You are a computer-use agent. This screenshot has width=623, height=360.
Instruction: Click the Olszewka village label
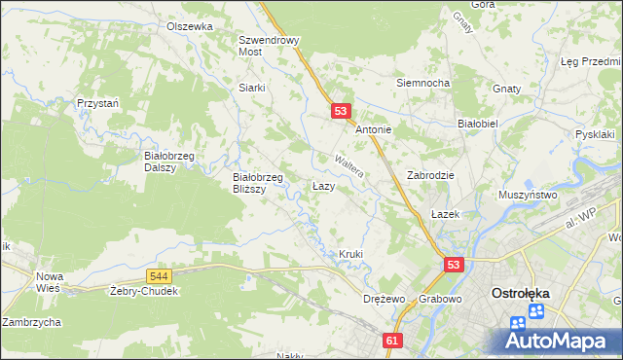(x=189, y=26)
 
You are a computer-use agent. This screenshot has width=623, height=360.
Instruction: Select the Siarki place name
(x=252, y=87)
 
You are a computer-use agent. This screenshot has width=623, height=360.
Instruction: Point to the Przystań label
(x=98, y=102)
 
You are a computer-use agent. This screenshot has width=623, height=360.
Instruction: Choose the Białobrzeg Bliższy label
(x=257, y=183)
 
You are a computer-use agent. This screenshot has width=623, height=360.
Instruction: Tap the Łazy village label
(x=324, y=185)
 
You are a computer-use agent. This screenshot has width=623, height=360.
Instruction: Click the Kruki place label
(x=350, y=254)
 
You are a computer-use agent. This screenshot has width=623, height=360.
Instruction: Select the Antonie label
(x=373, y=129)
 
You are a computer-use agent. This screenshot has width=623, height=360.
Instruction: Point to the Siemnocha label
(x=422, y=83)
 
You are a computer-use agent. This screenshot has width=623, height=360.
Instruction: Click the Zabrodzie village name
(x=431, y=175)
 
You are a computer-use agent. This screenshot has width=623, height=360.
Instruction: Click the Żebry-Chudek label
(x=144, y=291)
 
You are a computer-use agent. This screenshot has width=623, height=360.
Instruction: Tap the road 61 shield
(x=392, y=341)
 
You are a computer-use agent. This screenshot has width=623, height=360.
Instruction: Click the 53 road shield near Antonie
(x=340, y=112)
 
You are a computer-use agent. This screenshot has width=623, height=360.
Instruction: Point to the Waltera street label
(x=348, y=165)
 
